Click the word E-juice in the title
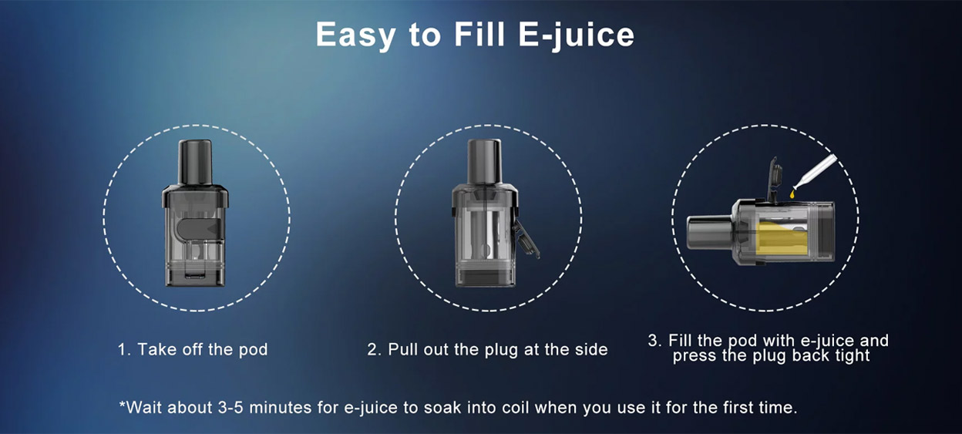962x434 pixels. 576,35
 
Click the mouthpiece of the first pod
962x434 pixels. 195,162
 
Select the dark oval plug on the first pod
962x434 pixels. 199,228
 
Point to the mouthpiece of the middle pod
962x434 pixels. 484,161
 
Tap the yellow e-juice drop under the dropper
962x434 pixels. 792,194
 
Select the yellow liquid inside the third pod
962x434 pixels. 781,237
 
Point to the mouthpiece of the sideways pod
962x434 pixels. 709,233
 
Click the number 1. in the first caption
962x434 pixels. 124,349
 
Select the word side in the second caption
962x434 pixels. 591,349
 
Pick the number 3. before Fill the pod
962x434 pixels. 655,341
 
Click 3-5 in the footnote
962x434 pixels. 230,407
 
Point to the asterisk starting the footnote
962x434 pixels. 123,404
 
